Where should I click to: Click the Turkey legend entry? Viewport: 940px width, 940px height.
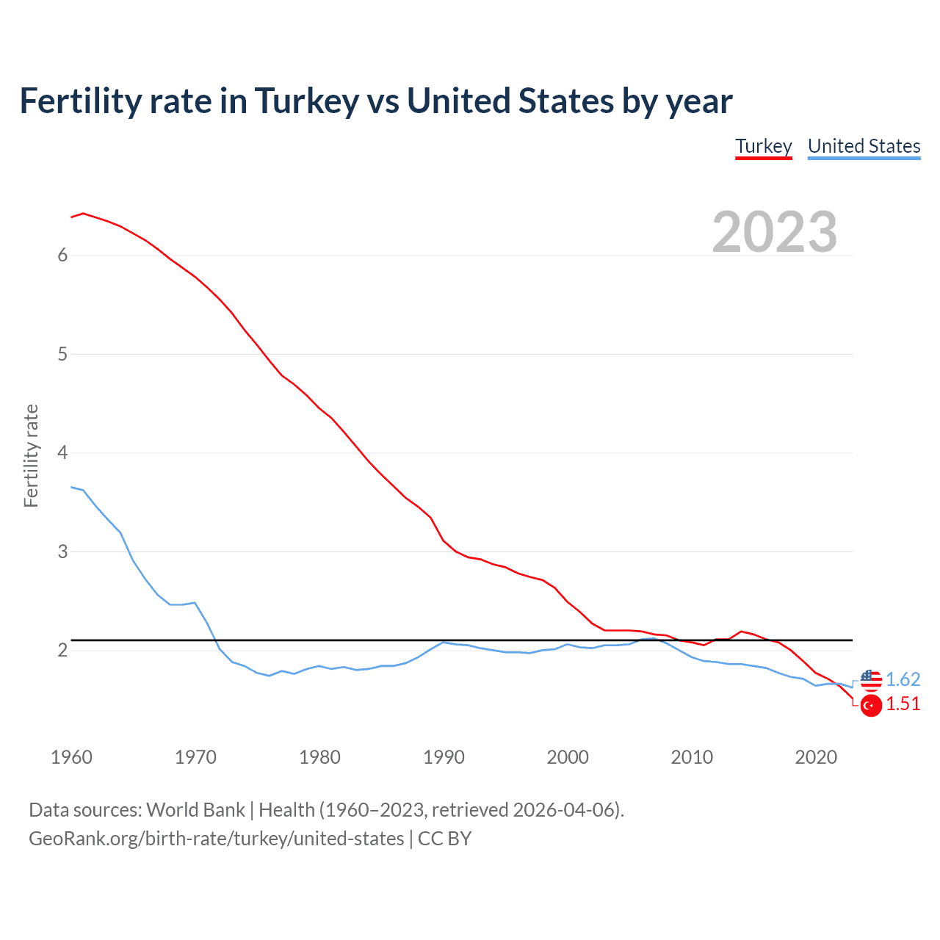tap(764, 146)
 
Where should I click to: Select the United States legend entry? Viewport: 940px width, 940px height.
tap(864, 146)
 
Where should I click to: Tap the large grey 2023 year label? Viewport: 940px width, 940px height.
tap(775, 232)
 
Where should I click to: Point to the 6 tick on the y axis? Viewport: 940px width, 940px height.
tap(62, 256)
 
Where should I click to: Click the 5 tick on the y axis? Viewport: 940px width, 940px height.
tap(62, 355)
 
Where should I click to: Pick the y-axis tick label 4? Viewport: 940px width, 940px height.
tap(62, 453)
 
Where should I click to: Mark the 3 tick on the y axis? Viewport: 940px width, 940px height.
tap(62, 552)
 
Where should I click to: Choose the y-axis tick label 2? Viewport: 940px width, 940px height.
tap(62, 651)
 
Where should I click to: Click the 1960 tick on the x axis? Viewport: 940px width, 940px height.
tap(71, 757)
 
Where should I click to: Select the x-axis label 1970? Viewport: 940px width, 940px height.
tap(195, 757)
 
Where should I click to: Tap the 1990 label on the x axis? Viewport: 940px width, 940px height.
tap(444, 757)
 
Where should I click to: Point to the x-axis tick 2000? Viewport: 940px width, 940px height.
tap(568, 757)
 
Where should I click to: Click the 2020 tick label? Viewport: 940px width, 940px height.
tap(816, 757)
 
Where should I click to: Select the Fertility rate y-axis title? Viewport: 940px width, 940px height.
tap(31, 455)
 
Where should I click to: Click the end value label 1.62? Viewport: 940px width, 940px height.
tap(903, 680)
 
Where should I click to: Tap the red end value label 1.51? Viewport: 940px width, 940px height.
tap(903, 704)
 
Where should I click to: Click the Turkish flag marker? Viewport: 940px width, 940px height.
tap(871, 706)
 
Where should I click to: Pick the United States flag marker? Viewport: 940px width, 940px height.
tap(871, 680)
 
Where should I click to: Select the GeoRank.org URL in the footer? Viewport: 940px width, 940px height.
tap(217, 839)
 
